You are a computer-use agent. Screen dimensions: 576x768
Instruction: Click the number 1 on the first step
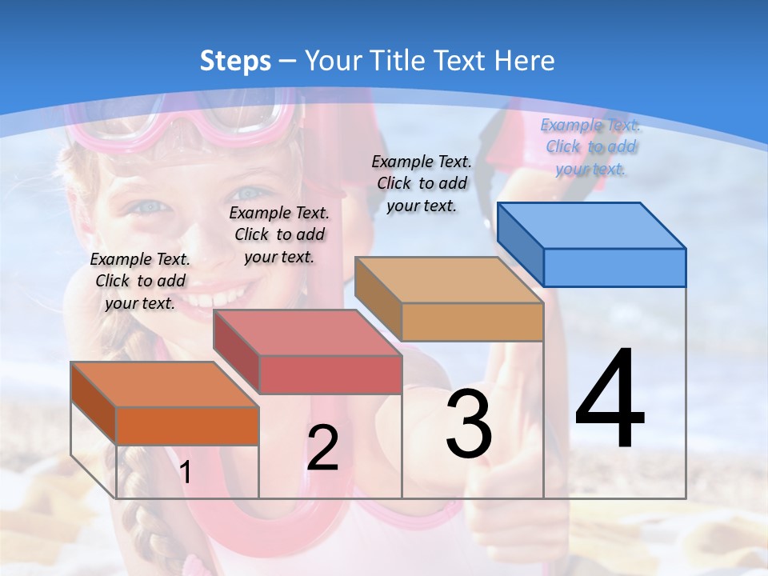click(x=186, y=473)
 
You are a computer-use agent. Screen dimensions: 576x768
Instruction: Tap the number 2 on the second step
click(x=322, y=448)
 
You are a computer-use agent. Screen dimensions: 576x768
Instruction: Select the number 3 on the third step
click(x=469, y=424)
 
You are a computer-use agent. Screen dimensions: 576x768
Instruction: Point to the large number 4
click(x=610, y=400)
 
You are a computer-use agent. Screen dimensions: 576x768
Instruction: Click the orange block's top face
click(x=164, y=384)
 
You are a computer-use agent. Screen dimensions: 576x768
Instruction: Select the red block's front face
click(x=330, y=374)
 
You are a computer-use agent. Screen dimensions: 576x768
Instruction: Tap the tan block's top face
click(x=448, y=280)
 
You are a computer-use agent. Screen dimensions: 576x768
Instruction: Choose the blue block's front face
click(x=614, y=267)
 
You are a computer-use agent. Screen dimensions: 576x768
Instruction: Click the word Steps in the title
click(x=235, y=61)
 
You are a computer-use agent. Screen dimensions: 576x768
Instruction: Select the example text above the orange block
click(x=140, y=281)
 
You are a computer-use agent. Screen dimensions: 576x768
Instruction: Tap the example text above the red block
click(x=279, y=234)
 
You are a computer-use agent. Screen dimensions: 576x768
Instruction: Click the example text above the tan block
click(x=422, y=183)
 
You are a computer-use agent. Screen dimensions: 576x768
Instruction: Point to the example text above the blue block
click(x=590, y=146)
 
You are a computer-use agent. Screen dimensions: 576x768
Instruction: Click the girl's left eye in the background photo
click(x=149, y=206)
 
